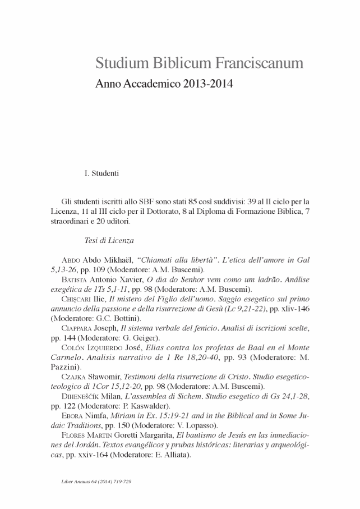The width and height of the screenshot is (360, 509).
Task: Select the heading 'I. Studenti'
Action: tap(101, 173)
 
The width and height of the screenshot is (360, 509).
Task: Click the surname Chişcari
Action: tap(75, 299)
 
